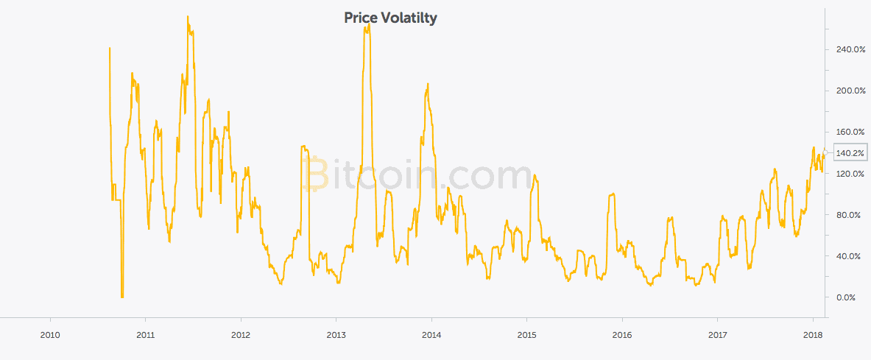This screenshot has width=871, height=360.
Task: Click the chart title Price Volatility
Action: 390,18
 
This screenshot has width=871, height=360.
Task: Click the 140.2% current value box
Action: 850,153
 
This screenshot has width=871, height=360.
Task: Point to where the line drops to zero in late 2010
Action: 122,296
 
